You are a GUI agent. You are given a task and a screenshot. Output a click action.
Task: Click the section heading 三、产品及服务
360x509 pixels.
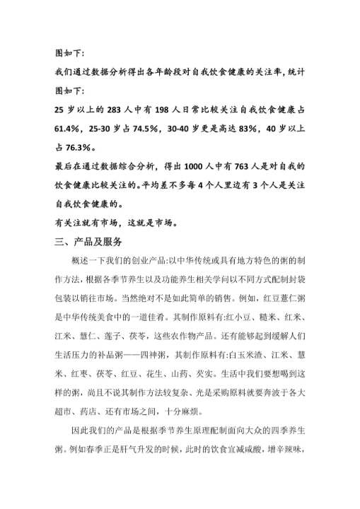pyautogui.click(x=93, y=241)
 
